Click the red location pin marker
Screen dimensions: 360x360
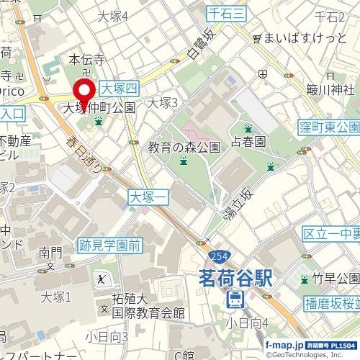coord(84,94)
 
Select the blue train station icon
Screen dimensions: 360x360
coord(234,299)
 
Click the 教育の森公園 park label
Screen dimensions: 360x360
coord(184,148)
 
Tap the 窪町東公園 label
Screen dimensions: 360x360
coord(330,127)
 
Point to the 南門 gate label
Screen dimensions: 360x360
coord(51,252)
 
